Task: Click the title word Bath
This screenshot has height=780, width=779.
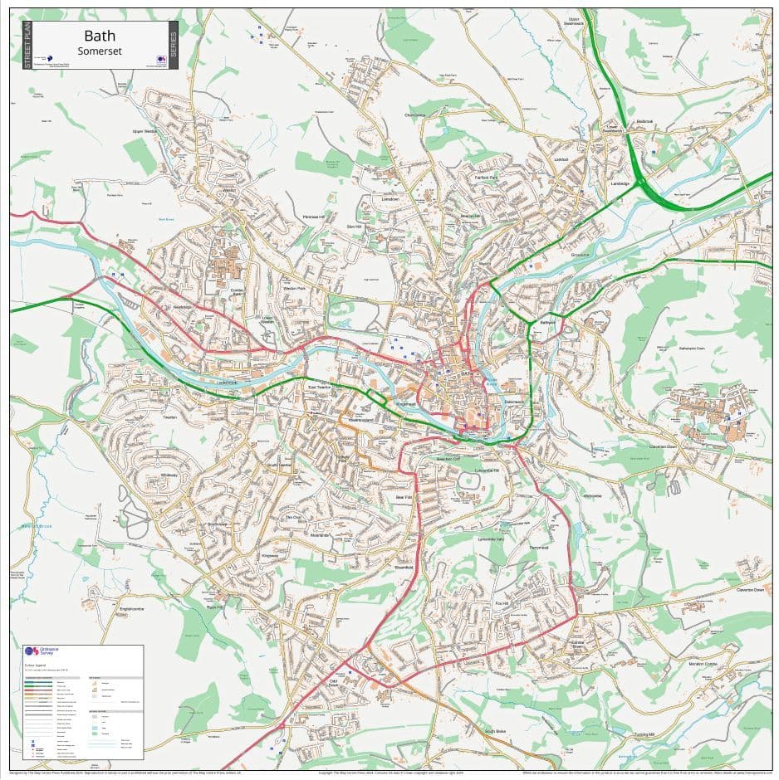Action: pos(100,37)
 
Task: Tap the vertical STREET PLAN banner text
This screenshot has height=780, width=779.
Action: pos(27,46)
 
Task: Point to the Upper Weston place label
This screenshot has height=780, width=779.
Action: pos(145,131)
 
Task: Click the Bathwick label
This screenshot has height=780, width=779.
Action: pos(547,321)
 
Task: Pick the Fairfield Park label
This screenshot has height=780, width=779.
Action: pos(486,178)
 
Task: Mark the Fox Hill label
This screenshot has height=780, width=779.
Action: pos(502,602)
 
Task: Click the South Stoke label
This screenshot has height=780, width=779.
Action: pos(496,731)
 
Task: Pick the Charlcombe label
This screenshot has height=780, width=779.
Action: pos(415,115)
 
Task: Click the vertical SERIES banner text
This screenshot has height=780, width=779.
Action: pos(173,46)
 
